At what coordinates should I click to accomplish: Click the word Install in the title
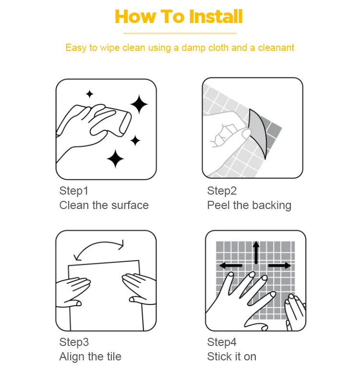pyautogui.click(x=216, y=16)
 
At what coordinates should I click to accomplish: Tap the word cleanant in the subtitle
pyautogui.click(x=276, y=48)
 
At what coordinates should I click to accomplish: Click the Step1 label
pyautogui.click(x=73, y=191)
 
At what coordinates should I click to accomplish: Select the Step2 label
pyautogui.click(x=222, y=191)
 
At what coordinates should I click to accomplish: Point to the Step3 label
pyautogui.click(x=74, y=342)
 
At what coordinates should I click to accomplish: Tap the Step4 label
pyautogui.click(x=222, y=342)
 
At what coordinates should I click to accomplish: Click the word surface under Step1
pyautogui.click(x=130, y=205)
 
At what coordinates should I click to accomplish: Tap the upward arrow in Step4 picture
pyautogui.click(x=256, y=252)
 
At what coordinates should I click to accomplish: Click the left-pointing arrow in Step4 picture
pyautogui.click(x=230, y=266)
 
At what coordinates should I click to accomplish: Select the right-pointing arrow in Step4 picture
pyautogui.click(x=280, y=266)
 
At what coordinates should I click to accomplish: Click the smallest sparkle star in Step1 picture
pyautogui.click(x=90, y=94)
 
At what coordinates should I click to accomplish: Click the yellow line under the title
pyautogui.click(x=180, y=33)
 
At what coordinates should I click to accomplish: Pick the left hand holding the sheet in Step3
pyautogui.click(x=72, y=291)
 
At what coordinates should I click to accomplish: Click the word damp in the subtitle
pyautogui.click(x=193, y=48)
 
